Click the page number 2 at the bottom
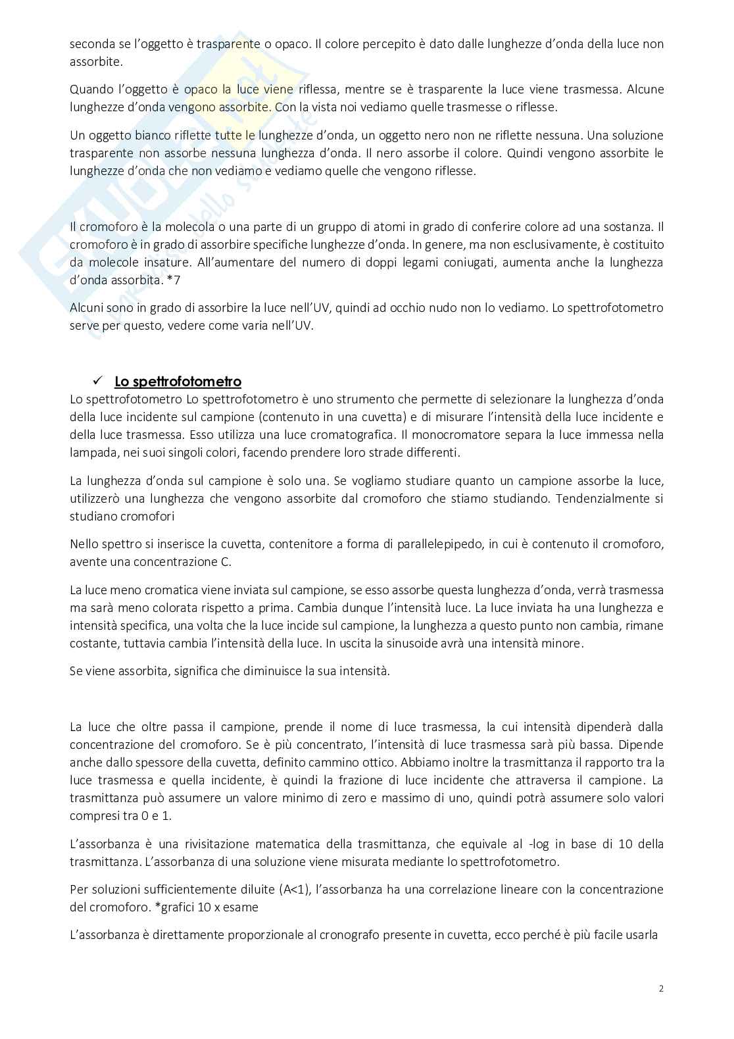[x=660, y=988]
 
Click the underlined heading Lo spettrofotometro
[x=178, y=382]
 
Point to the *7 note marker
[x=173, y=280]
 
